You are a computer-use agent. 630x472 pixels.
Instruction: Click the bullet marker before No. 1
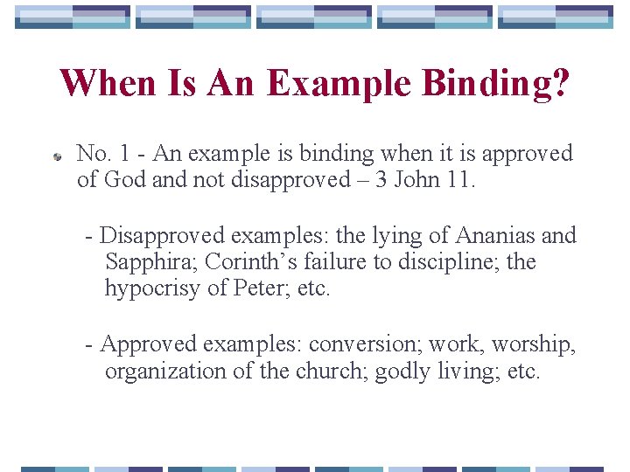(x=56, y=156)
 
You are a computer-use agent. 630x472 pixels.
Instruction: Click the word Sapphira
(x=150, y=262)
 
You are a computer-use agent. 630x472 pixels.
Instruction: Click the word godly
(x=402, y=371)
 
